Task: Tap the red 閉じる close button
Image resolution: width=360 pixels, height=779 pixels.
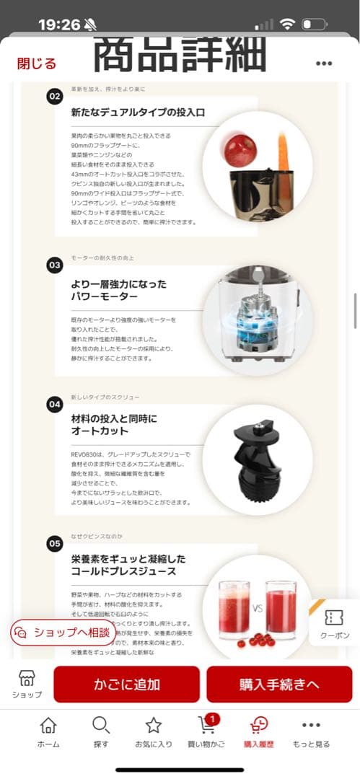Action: [37, 63]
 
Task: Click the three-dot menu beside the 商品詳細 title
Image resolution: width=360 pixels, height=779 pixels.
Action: [324, 63]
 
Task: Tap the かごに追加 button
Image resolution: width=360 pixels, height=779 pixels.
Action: [126, 684]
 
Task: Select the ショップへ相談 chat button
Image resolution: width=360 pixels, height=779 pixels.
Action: [63, 632]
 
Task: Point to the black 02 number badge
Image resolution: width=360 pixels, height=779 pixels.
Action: [55, 97]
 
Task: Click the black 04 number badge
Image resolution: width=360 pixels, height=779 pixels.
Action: [55, 405]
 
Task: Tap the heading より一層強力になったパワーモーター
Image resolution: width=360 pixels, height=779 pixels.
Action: [118, 290]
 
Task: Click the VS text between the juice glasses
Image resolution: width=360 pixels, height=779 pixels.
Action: [255, 608]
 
